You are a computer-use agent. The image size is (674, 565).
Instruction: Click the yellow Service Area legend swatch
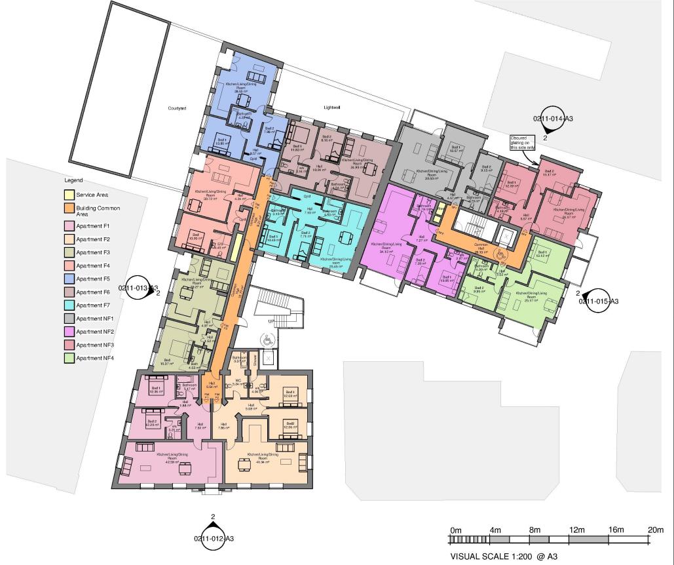click(69, 195)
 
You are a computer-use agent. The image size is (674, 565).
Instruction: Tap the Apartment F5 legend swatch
click(69, 279)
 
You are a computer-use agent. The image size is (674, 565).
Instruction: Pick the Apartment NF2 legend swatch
click(69, 332)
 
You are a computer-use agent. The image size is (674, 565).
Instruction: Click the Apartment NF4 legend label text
click(96, 358)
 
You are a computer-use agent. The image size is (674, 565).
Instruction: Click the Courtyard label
click(177, 108)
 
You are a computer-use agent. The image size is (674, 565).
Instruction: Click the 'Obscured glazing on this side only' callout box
click(523, 143)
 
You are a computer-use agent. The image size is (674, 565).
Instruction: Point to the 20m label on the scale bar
click(656, 530)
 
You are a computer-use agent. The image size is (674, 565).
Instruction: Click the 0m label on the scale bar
click(456, 530)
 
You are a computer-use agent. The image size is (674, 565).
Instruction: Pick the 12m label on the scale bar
click(576, 530)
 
